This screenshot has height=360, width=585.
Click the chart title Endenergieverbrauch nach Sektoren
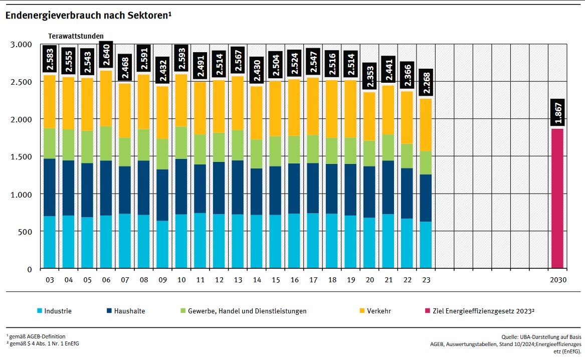(x=88, y=16)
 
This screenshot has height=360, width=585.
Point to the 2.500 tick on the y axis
(x=21, y=82)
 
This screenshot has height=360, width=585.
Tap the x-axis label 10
(x=181, y=279)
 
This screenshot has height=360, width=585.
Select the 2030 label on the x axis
(x=557, y=279)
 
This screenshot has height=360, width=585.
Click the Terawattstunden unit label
(x=76, y=36)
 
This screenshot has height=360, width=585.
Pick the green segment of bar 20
(x=369, y=153)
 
